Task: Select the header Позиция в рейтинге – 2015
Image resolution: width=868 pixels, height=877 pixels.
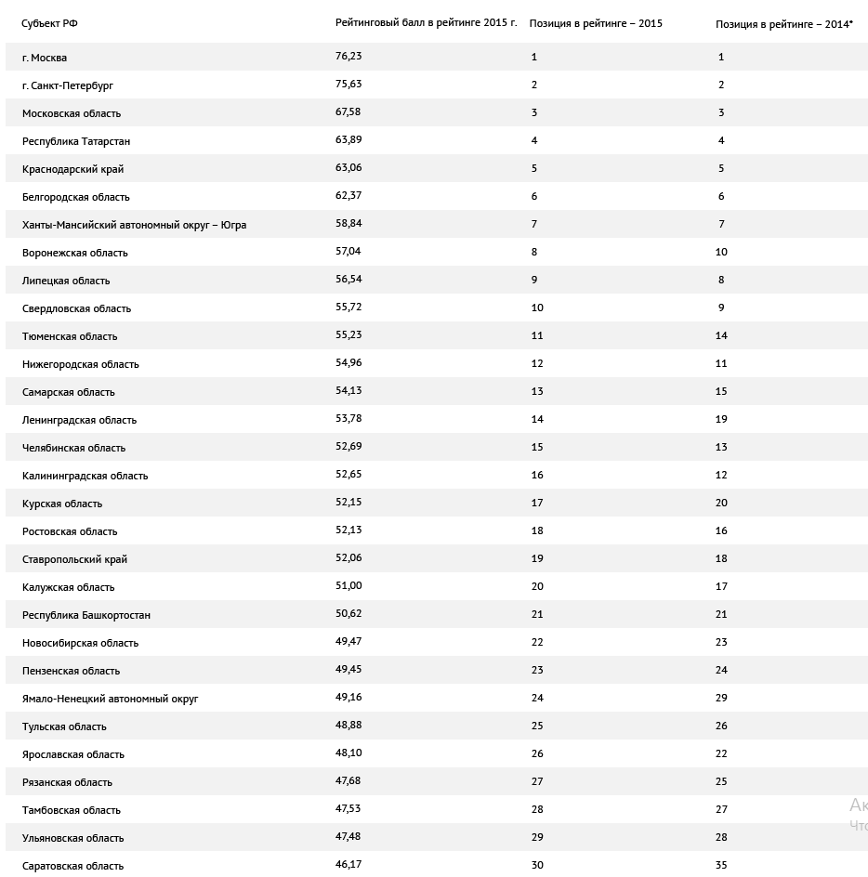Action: [x=596, y=23]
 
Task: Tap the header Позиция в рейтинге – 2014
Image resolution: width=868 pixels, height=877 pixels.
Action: [x=783, y=23]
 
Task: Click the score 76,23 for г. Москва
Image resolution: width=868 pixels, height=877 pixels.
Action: [x=349, y=57]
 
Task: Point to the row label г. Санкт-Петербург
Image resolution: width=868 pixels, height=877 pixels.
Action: [x=68, y=85]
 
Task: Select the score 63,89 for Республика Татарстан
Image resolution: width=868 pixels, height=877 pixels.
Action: [x=349, y=140]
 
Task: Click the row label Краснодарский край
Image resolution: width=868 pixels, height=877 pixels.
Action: [x=73, y=169]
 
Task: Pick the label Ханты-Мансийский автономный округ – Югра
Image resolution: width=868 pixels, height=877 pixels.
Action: [x=135, y=225]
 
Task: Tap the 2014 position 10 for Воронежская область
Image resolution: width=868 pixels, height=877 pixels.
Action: [x=721, y=252]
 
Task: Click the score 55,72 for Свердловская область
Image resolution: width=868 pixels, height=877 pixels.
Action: [x=349, y=308]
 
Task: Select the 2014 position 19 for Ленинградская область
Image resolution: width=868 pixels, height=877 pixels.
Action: [x=721, y=419]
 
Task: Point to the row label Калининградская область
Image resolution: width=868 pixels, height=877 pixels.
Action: [x=85, y=476]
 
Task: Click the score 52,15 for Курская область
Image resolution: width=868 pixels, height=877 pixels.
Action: [x=349, y=503]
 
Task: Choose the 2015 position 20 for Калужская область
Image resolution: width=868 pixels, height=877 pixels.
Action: [x=537, y=586]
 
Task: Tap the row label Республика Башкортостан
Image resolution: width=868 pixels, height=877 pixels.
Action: [x=86, y=615]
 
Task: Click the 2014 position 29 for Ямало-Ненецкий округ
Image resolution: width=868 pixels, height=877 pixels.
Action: [x=721, y=698]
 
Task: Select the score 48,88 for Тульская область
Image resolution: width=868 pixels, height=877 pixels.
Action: [x=349, y=726]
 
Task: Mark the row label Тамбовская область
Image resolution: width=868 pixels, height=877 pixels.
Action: [x=72, y=810]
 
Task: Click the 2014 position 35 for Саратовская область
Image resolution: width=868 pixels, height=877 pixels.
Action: [x=721, y=865]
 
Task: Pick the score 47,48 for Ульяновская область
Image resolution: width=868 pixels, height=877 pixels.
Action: [x=349, y=837]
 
